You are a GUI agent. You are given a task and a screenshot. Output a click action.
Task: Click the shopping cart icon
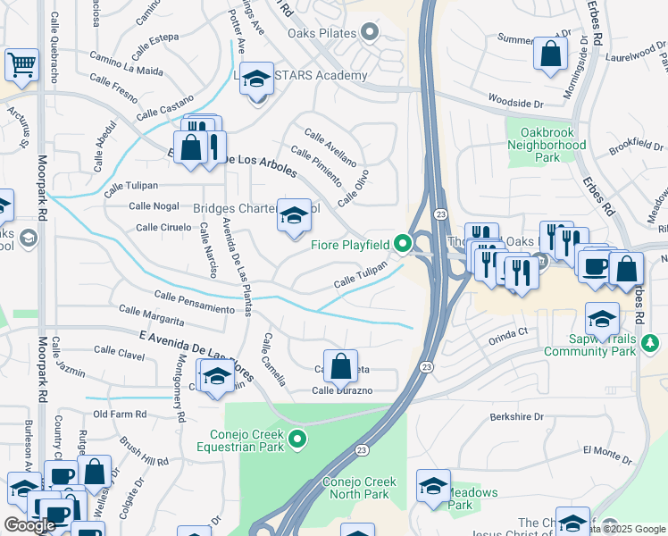[x=21, y=63]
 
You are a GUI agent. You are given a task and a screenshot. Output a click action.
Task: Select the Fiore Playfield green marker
[x=403, y=243]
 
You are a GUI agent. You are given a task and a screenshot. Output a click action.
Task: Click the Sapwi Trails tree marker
[x=651, y=342]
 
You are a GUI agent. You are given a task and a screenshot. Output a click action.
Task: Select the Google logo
[x=29, y=525]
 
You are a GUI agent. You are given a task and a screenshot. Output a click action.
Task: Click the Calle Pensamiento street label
[x=193, y=301]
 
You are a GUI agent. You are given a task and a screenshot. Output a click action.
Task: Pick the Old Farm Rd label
[x=119, y=414]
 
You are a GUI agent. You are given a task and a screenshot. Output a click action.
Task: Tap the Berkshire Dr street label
[x=516, y=417]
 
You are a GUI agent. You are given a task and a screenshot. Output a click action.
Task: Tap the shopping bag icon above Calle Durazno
[x=340, y=365]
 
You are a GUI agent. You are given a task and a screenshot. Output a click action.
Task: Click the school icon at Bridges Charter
[x=294, y=216]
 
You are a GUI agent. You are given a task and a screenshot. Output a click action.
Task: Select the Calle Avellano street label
[x=330, y=148]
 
